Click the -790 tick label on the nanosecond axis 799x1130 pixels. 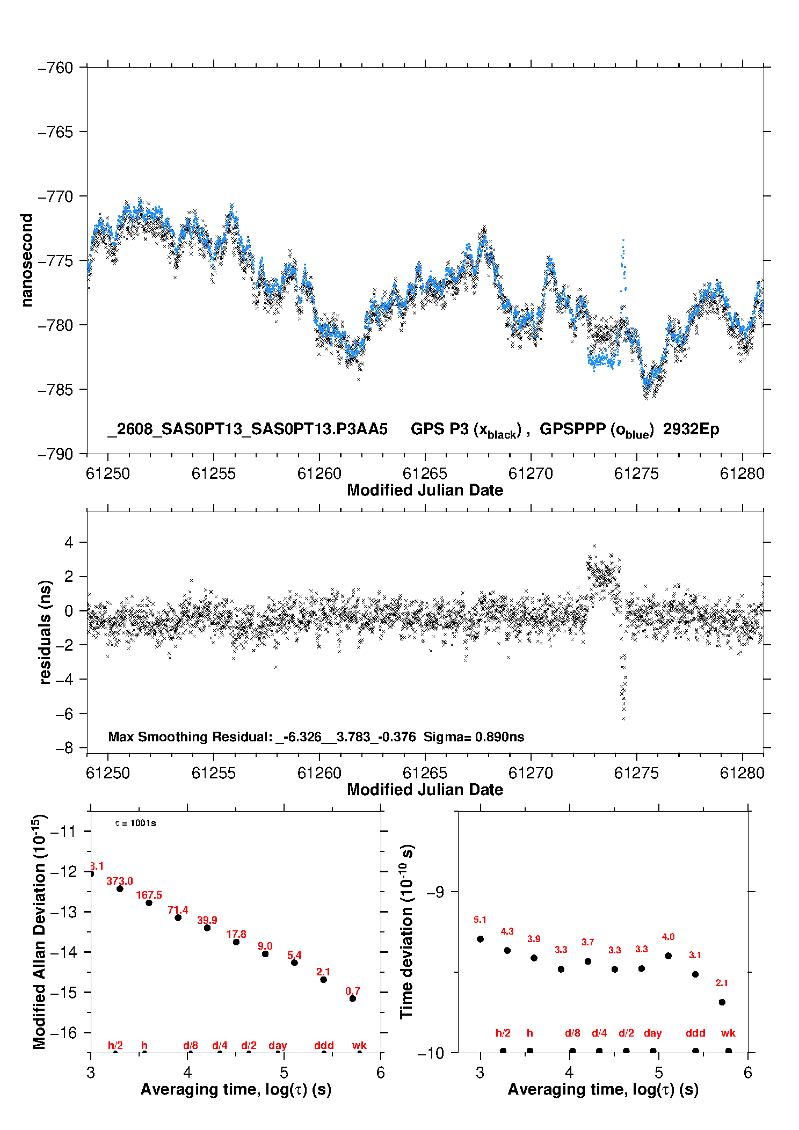point(55,454)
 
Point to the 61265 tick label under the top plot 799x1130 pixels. point(425,473)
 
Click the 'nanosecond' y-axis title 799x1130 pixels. point(26,260)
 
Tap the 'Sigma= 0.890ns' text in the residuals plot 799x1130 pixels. point(474,737)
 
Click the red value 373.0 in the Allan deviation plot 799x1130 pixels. point(119,881)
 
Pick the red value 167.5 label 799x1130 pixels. point(149,895)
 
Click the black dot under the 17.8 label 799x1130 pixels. point(236,942)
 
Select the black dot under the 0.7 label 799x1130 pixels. point(353,998)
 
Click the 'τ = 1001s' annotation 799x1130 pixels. point(135,823)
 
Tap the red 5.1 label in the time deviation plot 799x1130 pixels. point(480,920)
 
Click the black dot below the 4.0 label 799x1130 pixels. point(668,956)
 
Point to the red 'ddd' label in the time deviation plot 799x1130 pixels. point(695,1033)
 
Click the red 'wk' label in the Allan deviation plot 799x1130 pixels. point(359,1045)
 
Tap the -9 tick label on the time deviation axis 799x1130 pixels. point(435,892)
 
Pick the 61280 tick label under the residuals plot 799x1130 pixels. point(742,773)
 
